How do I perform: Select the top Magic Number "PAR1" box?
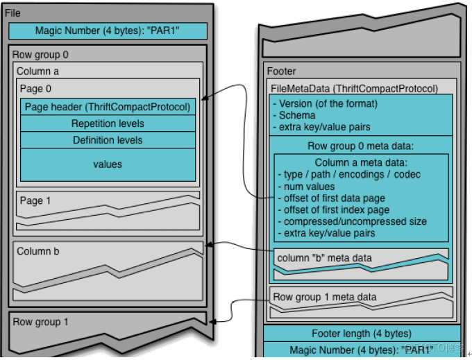[x=107, y=31]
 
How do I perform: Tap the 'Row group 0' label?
[x=40, y=54]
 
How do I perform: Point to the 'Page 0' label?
[x=35, y=89]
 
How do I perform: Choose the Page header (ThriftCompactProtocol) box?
[x=107, y=108]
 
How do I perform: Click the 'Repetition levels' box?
[x=107, y=123]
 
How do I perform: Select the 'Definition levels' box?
[x=107, y=140]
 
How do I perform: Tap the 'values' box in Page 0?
[x=107, y=164]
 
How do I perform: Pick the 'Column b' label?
[x=38, y=251]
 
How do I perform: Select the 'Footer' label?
[x=282, y=71]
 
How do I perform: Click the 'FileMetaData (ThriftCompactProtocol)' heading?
[x=354, y=88]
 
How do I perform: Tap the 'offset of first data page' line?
[x=331, y=198]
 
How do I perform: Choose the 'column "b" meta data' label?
[x=324, y=258]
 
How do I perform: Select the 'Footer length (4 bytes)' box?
[x=361, y=334]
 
